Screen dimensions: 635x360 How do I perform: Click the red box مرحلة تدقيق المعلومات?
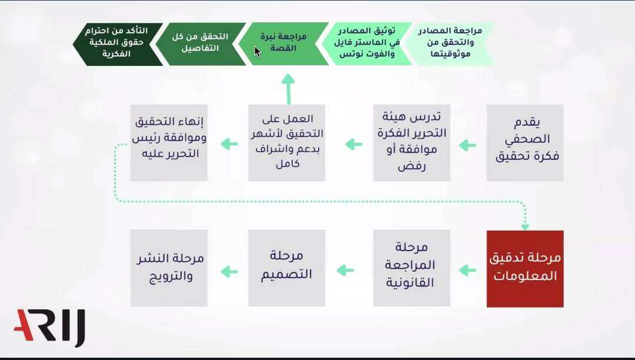click(525, 269)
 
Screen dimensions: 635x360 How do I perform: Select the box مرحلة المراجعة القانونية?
click(412, 268)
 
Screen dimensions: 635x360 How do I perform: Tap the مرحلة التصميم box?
click(287, 268)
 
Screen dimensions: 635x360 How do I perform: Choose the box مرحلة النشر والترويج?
click(169, 268)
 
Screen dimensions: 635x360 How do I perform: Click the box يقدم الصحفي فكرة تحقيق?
click(525, 143)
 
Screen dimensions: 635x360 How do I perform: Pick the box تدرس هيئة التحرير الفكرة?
click(412, 143)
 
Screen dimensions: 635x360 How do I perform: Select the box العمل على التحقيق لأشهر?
click(287, 143)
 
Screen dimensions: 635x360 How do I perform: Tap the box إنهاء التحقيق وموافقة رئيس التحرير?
click(169, 143)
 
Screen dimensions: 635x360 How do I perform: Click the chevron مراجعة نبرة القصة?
click(283, 44)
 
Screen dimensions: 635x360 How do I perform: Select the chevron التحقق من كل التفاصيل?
click(200, 44)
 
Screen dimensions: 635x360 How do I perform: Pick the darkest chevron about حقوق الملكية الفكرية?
click(118, 44)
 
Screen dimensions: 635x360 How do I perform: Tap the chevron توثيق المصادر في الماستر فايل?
click(366, 44)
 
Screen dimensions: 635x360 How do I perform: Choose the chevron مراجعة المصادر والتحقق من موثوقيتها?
click(450, 44)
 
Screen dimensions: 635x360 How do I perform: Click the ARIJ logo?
click(49, 327)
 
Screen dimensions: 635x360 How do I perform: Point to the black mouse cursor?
click(258, 52)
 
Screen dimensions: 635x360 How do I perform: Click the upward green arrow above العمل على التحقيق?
click(288, 89)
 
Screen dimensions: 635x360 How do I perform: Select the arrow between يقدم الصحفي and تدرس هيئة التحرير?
click(468, 145)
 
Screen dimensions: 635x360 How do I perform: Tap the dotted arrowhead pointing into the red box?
click(525, 227)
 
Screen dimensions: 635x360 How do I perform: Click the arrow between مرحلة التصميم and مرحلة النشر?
click(229, 271)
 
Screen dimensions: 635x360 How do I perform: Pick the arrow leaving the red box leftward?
click(468, 270)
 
